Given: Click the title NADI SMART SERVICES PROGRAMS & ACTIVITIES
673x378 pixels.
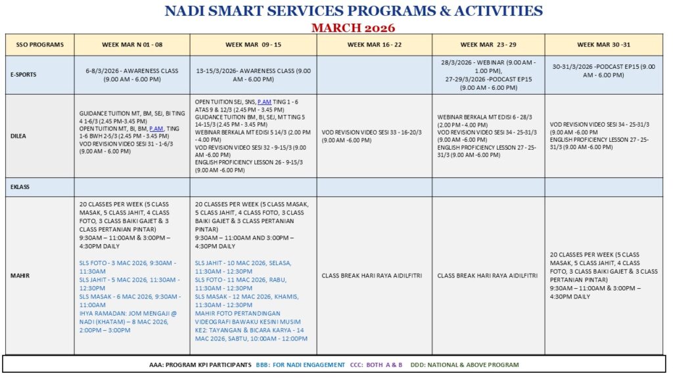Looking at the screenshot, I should (353, 11).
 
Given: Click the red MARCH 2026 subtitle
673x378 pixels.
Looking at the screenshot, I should (353, 28).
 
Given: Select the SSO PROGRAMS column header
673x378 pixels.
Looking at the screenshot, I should (39, 45).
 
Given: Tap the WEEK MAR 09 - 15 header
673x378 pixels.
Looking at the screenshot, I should (253, 45).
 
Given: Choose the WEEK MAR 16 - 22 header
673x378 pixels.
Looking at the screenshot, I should (374, 45).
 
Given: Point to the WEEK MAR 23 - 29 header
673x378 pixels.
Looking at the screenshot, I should (488, 45).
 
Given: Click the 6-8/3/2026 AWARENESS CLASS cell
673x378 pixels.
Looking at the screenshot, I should (131, 74).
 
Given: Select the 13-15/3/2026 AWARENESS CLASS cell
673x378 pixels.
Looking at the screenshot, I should (253, 74).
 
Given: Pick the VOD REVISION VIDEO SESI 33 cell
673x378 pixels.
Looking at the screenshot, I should (373, 136).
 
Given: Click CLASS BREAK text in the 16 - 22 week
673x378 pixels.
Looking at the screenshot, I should (373, 276).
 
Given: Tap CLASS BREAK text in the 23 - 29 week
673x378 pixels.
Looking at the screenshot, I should (488, 276).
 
